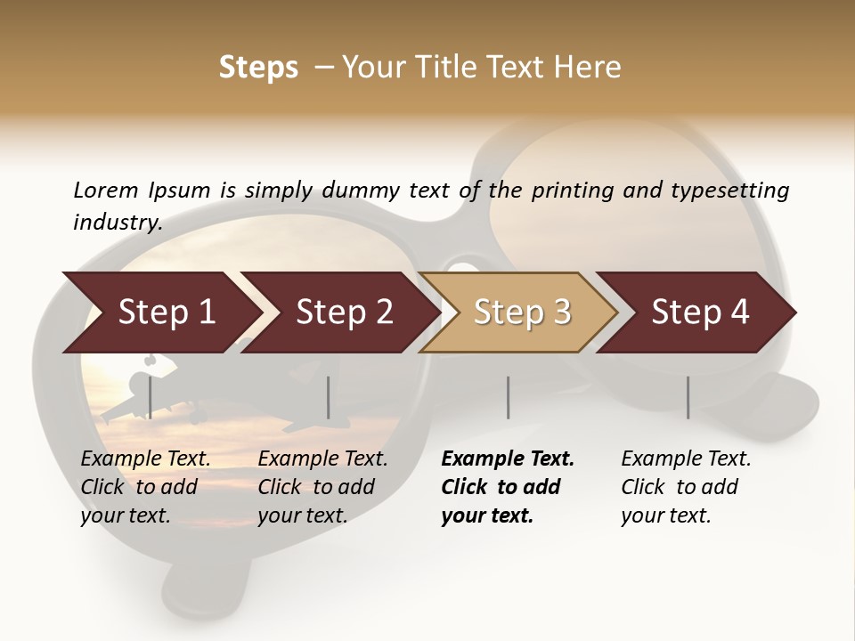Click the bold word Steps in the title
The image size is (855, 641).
pos(258,68)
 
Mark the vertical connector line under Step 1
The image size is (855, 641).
pos(150,397)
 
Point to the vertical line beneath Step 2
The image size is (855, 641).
pos(329,397)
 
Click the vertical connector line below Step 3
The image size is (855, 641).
pos(508,397)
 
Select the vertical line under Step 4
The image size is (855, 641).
pos(688,397)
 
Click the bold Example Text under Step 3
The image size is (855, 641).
pos(508,459)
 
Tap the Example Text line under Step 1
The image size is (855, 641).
pos(146,459)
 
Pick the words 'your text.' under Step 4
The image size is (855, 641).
pos(665,515)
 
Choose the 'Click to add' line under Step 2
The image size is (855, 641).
pos(316,487)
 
